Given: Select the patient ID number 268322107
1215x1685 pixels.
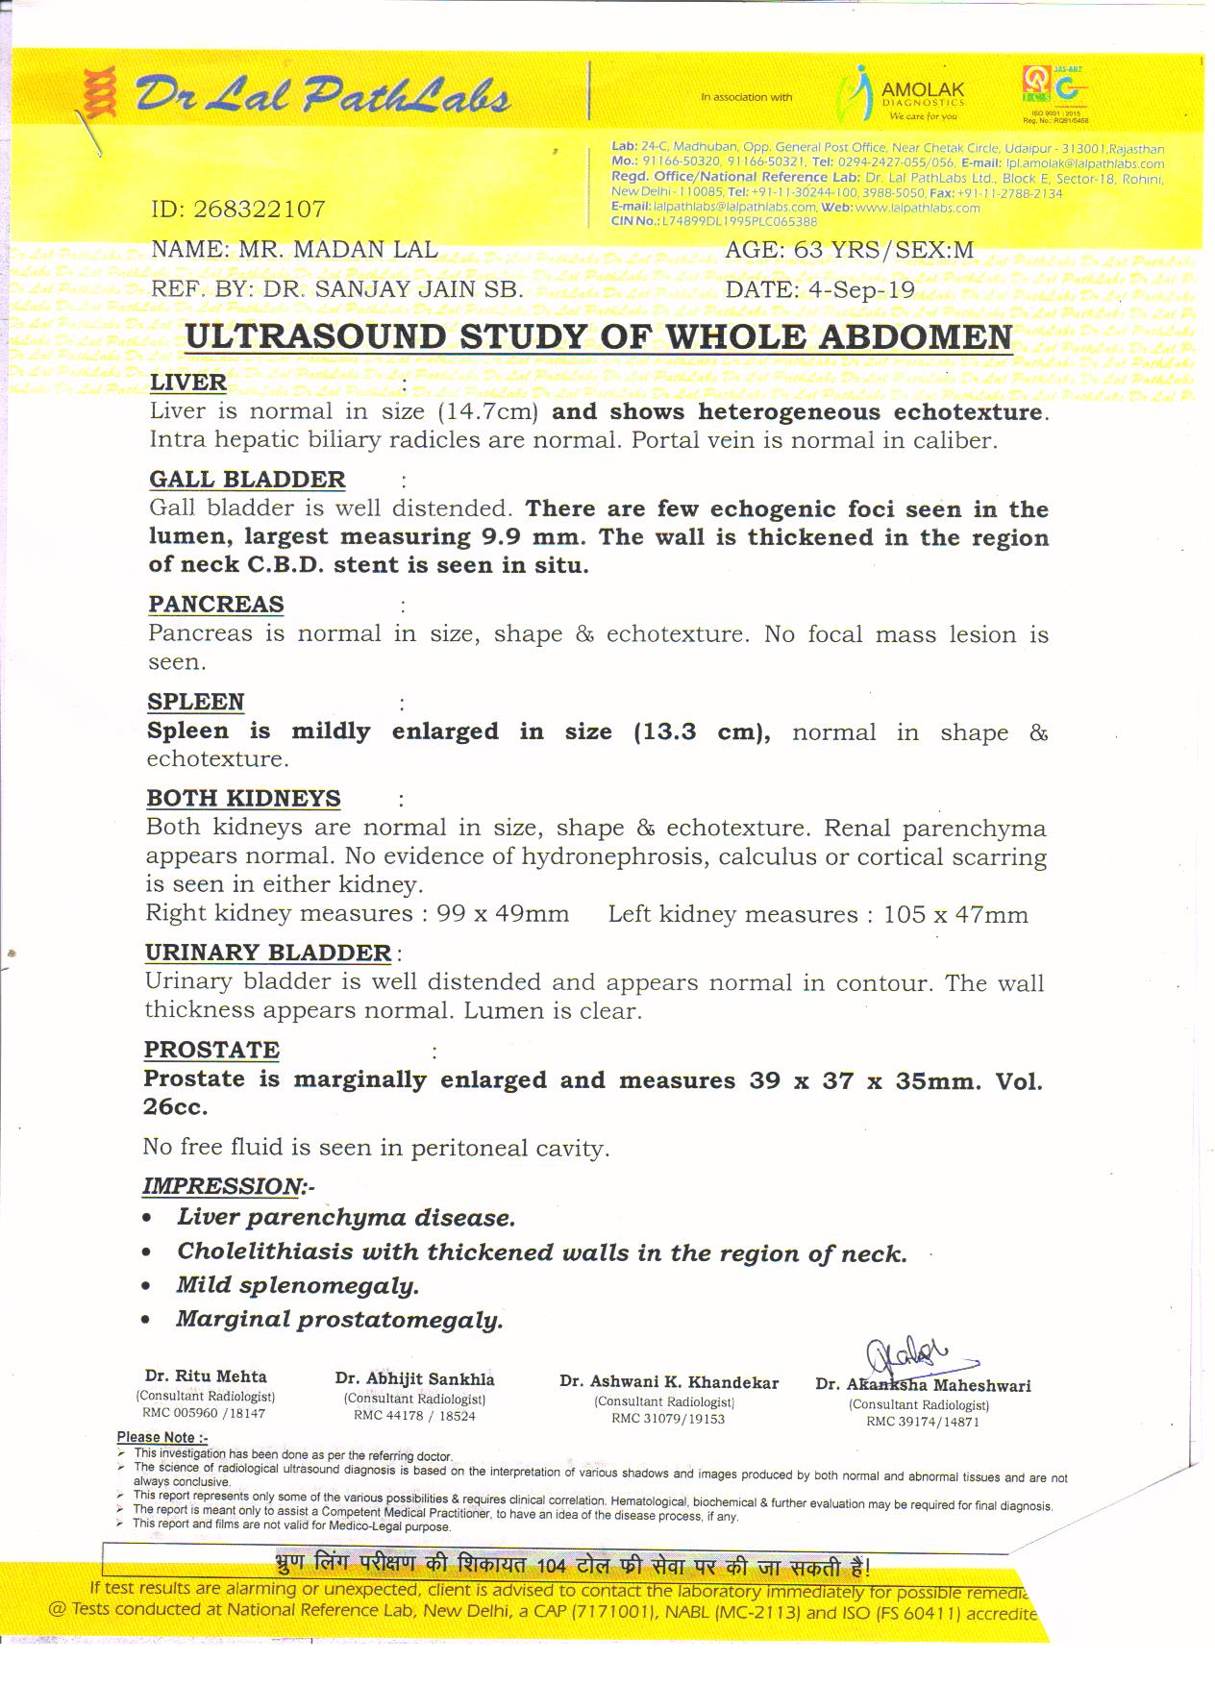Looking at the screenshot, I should coord(260,210).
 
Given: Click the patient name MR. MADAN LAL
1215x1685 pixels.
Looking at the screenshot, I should coord(337,250).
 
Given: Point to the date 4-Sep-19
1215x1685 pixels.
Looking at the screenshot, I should coord(863,290).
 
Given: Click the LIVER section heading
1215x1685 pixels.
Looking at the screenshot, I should coord(188,383).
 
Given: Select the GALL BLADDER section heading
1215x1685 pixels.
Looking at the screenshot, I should coord(247,480).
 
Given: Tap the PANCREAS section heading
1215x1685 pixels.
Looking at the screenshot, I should coord(216,605).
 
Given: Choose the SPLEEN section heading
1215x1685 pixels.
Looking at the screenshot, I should coord(196,702).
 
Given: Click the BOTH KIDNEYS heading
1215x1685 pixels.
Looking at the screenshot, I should coord(243,799).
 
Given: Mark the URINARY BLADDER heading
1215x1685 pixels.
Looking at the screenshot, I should coord(268,954).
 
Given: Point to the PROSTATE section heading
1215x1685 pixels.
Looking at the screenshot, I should coord(211,1051).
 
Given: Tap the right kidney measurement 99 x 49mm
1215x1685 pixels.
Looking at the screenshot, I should coord(503,913).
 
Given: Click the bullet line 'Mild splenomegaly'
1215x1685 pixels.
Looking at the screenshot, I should coord(298,1286).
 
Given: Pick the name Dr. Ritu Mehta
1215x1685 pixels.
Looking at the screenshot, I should coord(206,1376).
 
